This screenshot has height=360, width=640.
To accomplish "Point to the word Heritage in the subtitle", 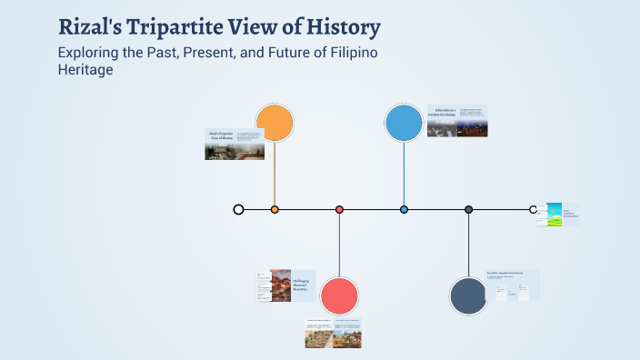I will pos(85,70).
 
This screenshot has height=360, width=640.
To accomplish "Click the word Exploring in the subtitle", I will pos(89,52).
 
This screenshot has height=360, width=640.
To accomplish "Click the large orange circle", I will pos(275,124).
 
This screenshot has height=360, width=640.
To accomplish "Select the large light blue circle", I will pos(404,124).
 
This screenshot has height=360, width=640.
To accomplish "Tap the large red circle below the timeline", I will pos(339,295).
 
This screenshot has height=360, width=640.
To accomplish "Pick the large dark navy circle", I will pos(469,295).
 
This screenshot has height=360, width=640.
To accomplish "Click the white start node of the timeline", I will pos(238,209).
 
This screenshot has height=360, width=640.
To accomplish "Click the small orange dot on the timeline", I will pos(275,209).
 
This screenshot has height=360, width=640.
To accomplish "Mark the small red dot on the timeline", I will pos(339,209).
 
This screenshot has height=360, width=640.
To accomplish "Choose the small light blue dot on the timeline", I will pos(404,209).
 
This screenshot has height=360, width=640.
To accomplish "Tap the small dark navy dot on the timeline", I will pos(468,209).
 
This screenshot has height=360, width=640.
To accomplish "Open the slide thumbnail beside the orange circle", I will pos(235,144).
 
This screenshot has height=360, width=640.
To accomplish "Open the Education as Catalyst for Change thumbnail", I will pos(457,121).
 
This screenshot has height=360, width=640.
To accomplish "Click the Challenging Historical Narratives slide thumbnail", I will pos(285,285).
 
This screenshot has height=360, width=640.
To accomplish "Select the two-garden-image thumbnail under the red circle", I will pos(333,333).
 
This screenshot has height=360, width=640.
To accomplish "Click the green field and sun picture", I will pos(548,214).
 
